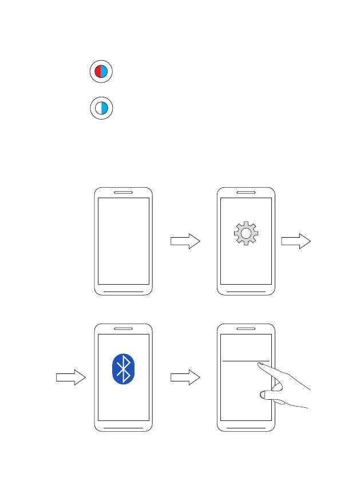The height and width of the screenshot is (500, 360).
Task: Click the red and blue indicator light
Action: pyautogui.click(x=101, y=72)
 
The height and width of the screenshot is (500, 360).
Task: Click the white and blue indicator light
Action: pyautogui.click(x=101, y=108)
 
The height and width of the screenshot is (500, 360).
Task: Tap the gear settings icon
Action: pyautogui.click(x=246, y=233)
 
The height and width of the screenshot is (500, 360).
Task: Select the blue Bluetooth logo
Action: pyautogui.click(x=123, y=368)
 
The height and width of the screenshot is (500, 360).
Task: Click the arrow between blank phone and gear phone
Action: pyautogui.click(x=185, y=242)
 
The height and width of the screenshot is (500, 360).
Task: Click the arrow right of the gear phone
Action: pyautogui.click(x=296, y=242)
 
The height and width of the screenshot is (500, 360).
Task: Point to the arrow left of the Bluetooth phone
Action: pyautogui.click(x=70, y=377)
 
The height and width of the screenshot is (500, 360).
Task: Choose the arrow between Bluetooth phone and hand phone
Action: pyautogui.click(x=185, y=377)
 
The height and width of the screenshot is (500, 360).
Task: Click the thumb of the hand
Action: pyautogui.click(x=264, y=394)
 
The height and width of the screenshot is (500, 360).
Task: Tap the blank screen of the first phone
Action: pyautogui.click(x=123, y=241)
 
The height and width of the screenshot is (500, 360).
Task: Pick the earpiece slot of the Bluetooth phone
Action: pyautogui.click(x=123, y=329)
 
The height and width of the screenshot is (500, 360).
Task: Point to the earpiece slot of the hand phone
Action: pyautogui.click(x=247, y=329)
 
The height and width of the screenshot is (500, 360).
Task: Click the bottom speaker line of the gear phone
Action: pyautogui.click(x=247, y=291)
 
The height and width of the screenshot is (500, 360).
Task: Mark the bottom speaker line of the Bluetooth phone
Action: pyautogui.click(x=123, y=427)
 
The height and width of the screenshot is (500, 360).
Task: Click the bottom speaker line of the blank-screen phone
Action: pyautogui.click(x=123, y=291)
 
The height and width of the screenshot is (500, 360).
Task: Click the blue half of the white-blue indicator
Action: pyautogui.click(x=104, y=108)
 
